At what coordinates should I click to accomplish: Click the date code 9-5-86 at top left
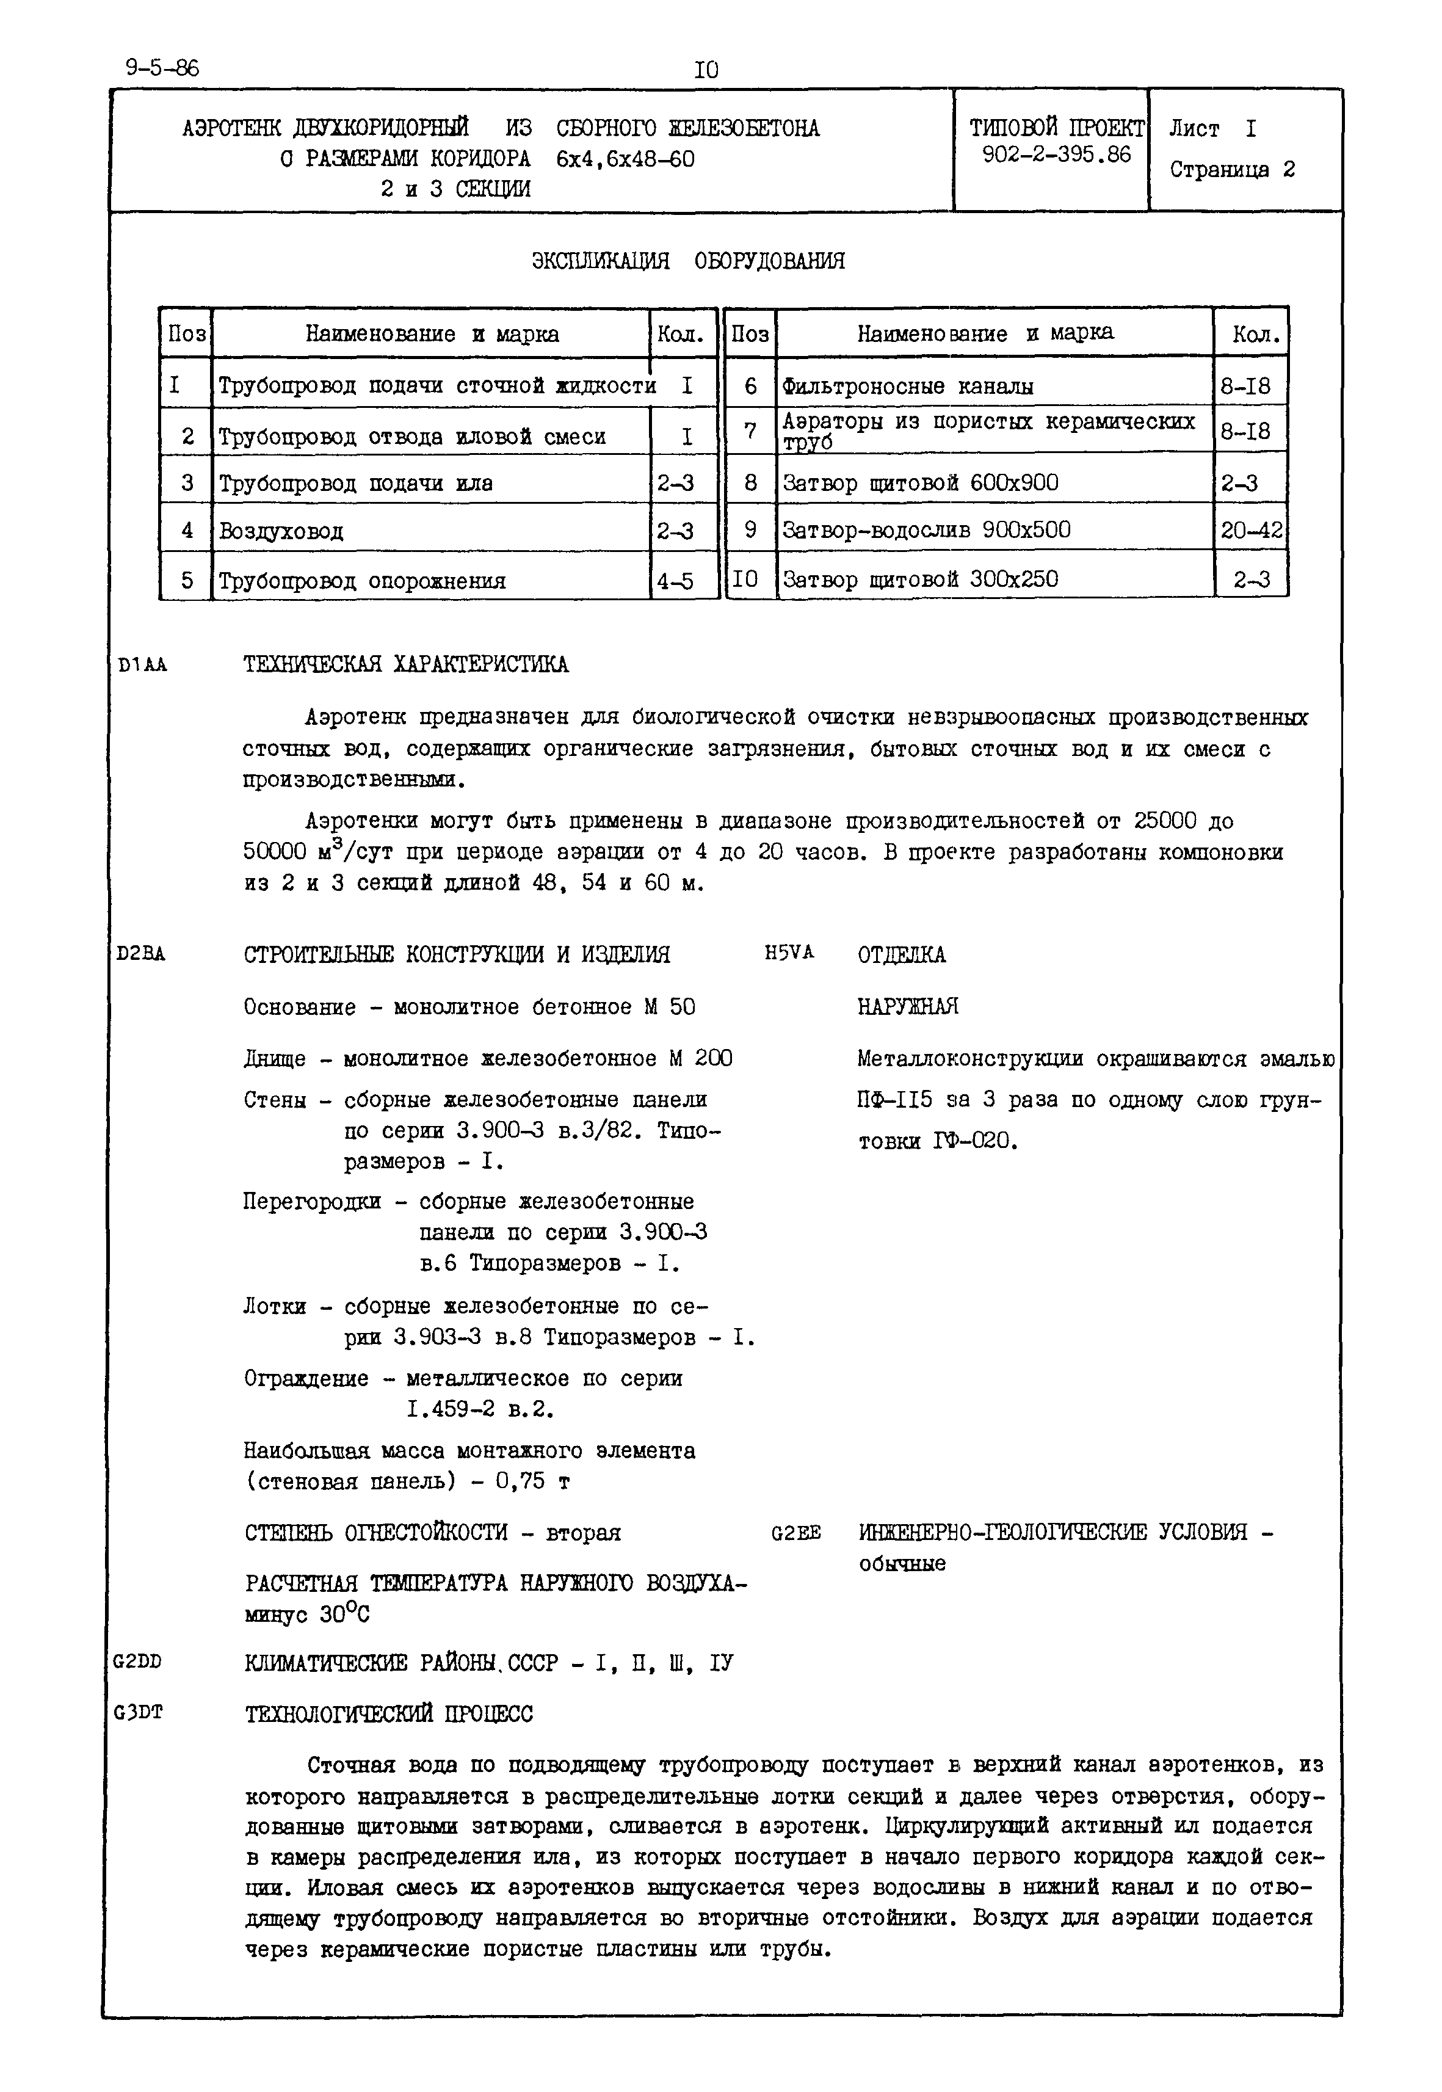point(162,68)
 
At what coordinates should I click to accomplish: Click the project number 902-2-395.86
point(1056,156)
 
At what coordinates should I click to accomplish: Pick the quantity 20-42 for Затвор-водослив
point(1250,531)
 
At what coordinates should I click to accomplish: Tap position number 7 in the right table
point(749,431)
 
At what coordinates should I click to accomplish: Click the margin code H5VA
point(789,953)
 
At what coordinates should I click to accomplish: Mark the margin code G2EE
point(796,1533)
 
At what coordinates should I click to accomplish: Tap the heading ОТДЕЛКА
point(901,955)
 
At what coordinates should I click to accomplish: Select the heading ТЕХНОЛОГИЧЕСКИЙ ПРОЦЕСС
point(388,1714)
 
